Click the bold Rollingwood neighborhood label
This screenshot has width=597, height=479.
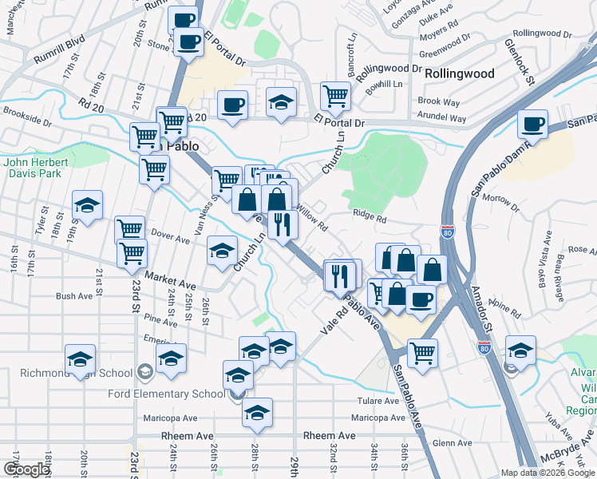[x=459, y=73]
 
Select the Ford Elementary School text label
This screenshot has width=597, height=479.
[x=173, y=394]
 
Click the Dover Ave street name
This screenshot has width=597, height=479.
[x=169, y=236]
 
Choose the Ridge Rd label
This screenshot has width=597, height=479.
[x=370, y=217]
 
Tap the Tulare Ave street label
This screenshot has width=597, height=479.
[x=379, y=400]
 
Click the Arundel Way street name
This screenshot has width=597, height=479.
[x=442, y=117]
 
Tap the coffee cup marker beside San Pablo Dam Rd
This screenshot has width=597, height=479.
[x=532, y=125]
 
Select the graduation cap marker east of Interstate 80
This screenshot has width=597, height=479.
[x=520, y=351]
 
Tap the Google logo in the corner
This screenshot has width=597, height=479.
[x=27, y=469]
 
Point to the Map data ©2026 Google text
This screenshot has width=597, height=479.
[x=548, y=473]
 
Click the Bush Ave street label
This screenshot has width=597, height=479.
[x=74, y=296]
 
